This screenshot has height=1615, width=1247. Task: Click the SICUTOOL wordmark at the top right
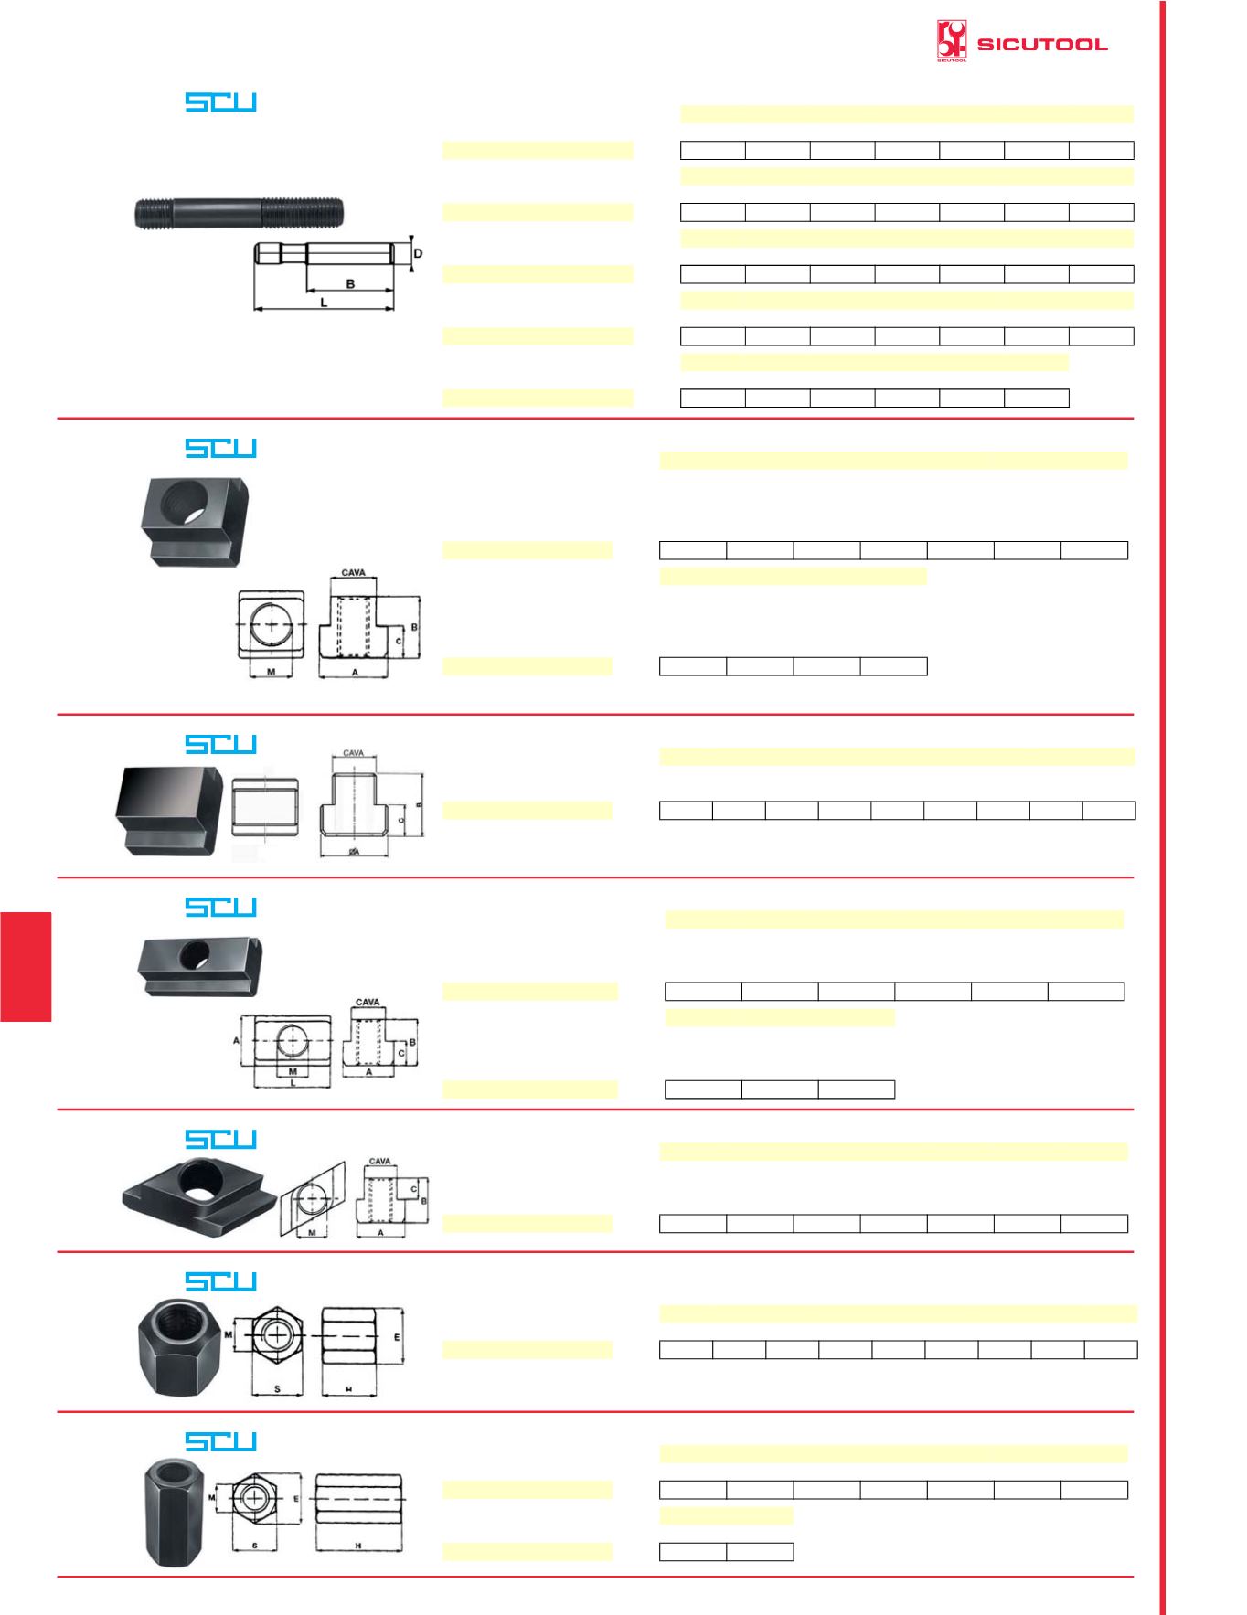tap(1042, 44)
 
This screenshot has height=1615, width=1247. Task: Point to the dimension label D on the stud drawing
tap(418, 252)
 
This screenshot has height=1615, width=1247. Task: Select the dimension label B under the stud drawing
tap(350, 284)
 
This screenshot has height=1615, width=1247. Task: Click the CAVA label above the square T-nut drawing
tap(354, 573)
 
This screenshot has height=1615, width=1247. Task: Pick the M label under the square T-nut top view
tap(272, 671)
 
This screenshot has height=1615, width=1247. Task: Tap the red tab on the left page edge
tap(26, 966)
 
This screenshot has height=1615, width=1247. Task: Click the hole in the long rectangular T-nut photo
tap(193, 956)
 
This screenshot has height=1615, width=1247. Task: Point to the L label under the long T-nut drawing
tap(293, 1082)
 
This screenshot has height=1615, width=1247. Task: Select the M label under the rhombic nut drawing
tap(313, 1233)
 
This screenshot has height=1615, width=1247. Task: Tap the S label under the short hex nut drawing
tap(277, 1389)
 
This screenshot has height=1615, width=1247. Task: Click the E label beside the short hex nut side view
tap(397, 1336)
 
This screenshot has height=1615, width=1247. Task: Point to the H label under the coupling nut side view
tap(358, 1546)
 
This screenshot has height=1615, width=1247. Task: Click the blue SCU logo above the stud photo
tap(220, 101)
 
